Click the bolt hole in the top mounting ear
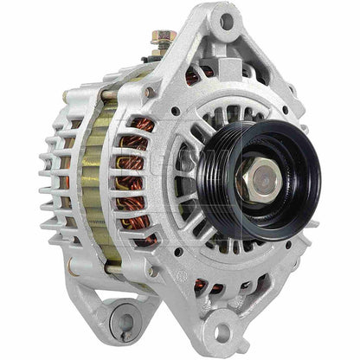point(226,20)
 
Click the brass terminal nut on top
point(162,38)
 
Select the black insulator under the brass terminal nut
point(161,54)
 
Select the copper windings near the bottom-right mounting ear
point(202,286)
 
